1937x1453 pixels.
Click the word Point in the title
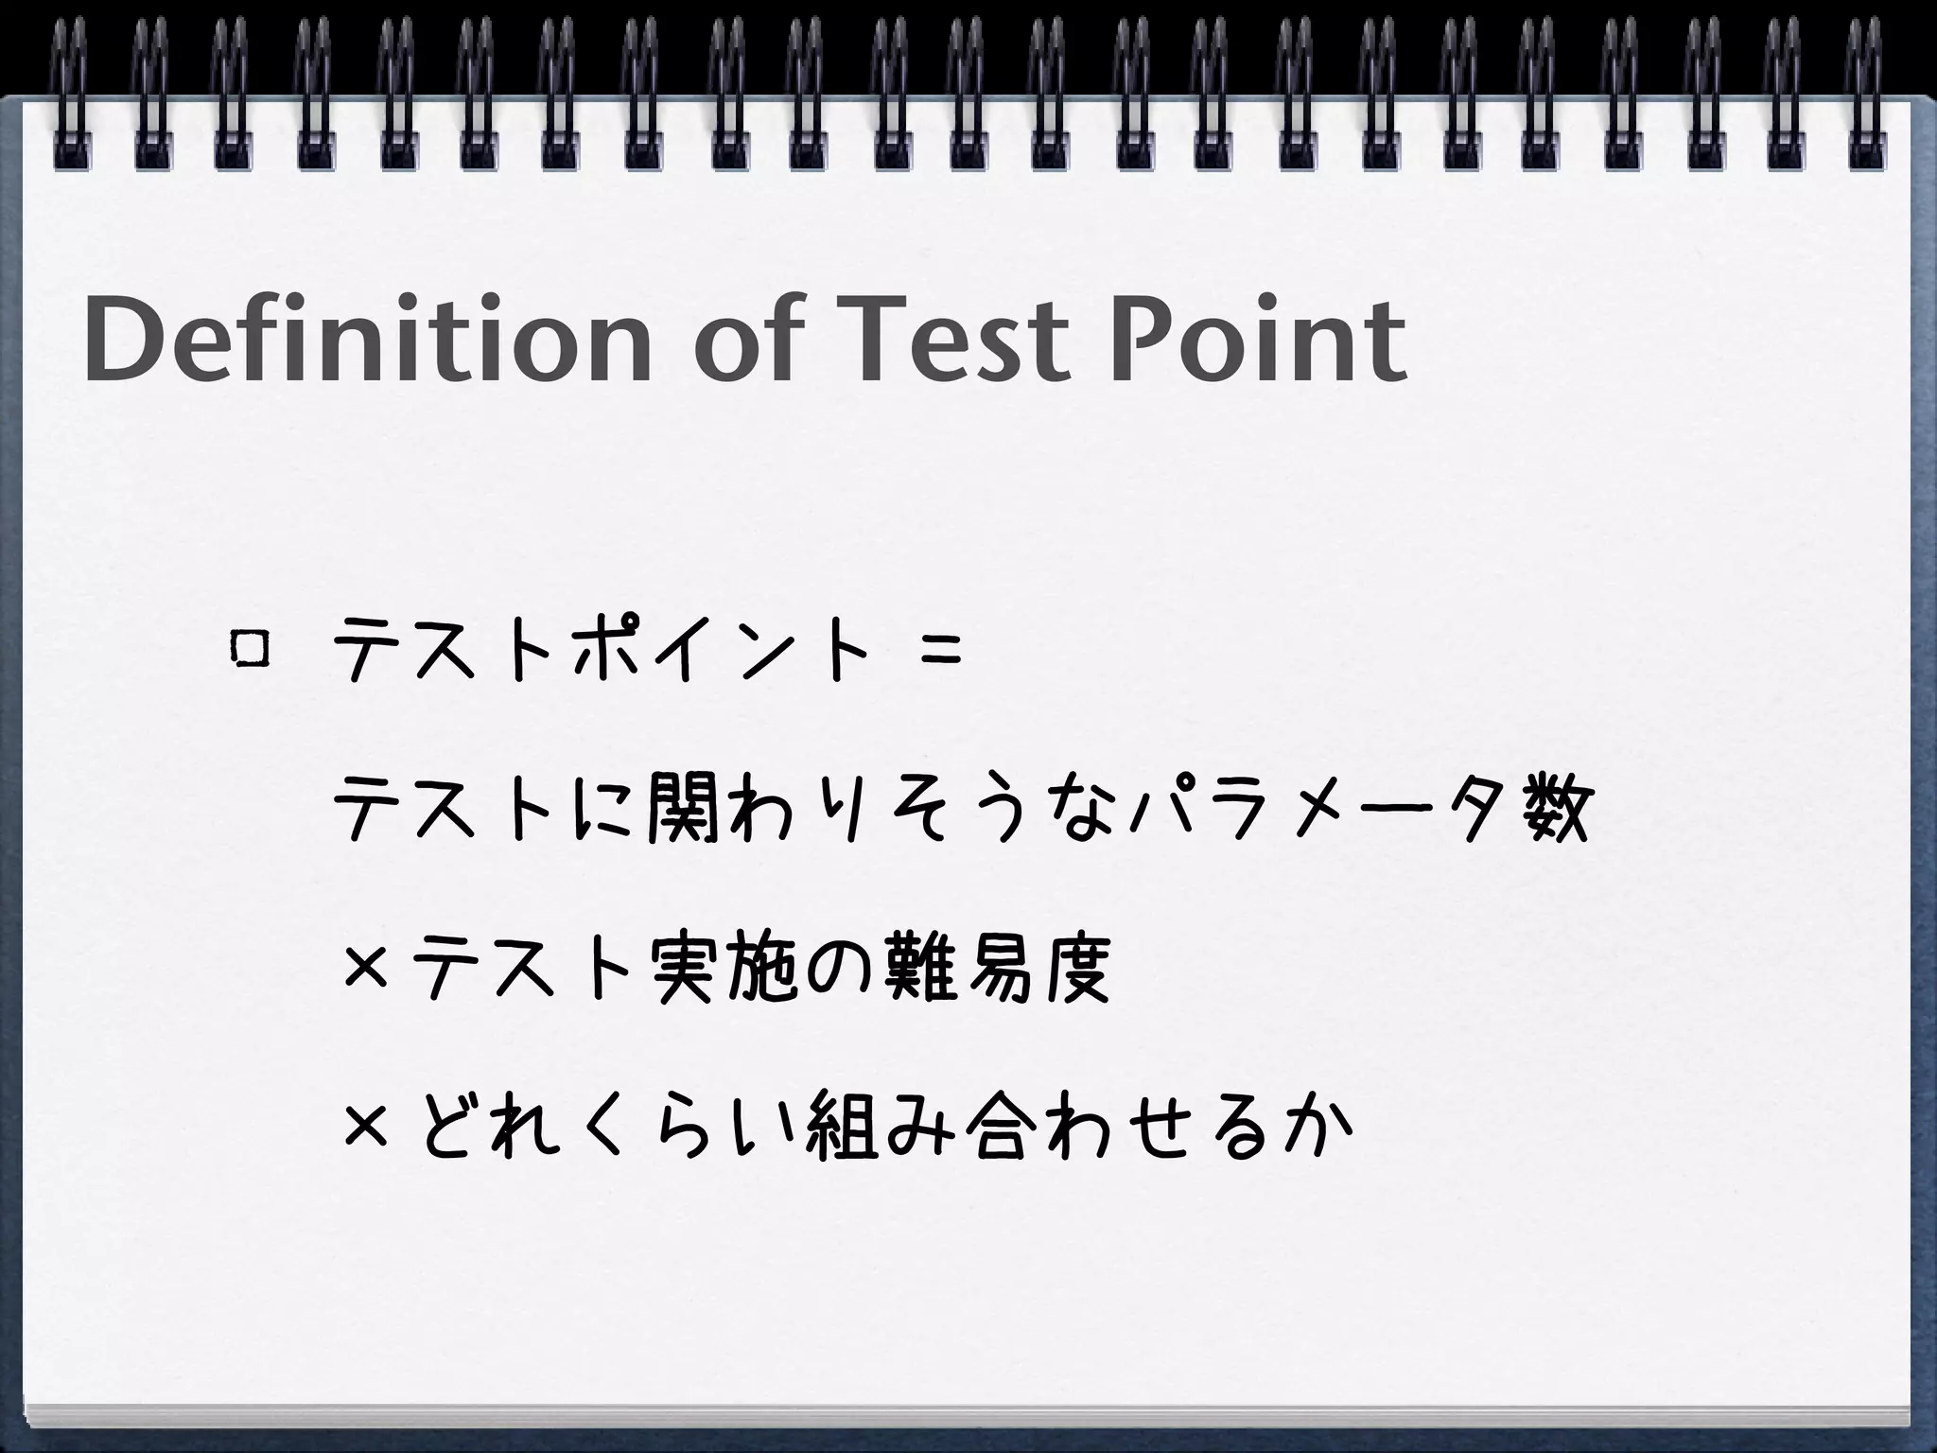tap(1257, 338)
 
